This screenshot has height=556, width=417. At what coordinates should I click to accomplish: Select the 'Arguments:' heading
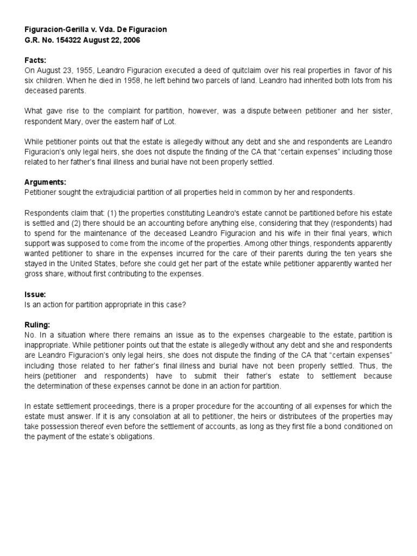[x=46, y=182]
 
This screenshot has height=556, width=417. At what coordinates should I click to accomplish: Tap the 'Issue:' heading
[x=35, y=294]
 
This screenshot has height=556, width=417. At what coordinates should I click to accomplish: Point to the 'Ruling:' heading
[x=37, y=325]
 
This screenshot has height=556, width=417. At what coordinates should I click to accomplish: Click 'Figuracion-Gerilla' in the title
[x=58, y=29]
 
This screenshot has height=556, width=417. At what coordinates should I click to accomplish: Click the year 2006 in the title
[x=131, y=40]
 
